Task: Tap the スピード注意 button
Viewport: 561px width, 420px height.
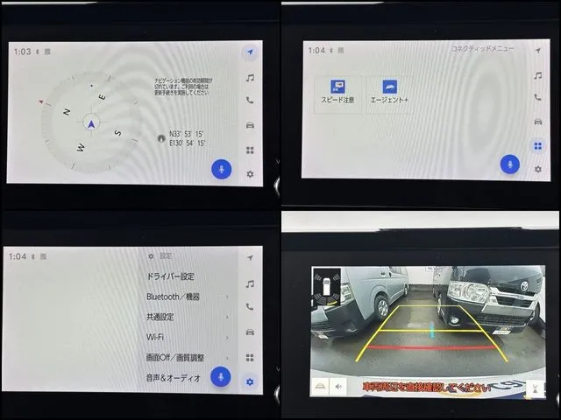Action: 337,93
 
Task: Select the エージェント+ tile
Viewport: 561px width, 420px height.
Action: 388,93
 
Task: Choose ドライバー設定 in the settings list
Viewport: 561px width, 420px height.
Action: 170,276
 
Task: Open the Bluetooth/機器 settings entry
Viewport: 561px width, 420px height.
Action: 174,297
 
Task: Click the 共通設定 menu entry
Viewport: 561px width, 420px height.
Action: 160,317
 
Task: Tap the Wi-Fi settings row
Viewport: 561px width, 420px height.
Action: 155,337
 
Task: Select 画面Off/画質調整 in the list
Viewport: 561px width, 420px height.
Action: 174,358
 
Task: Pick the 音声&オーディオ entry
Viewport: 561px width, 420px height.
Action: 174,378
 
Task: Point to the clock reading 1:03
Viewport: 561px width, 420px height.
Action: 22,52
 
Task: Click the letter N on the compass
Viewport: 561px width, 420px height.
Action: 67,111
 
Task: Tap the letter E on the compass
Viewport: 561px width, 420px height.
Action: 102,97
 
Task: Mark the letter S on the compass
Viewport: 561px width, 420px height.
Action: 117,132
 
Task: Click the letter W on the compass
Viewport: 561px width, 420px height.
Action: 82,147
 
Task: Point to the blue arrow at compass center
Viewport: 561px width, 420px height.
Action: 91,123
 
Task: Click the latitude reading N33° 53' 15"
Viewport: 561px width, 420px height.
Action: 187,134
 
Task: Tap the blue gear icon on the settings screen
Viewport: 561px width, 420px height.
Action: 250,381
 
